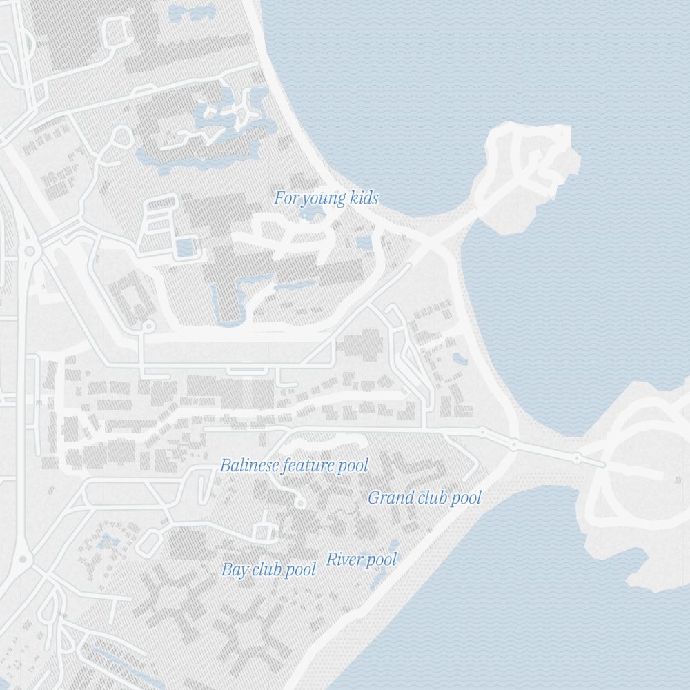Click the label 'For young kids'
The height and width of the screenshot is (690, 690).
click(x=326, y=199)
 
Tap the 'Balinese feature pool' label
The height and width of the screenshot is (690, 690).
click(x=294, y=466)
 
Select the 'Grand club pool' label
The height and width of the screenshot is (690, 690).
click(x=424, y=497)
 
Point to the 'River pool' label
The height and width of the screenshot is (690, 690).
click(x=362, y=560)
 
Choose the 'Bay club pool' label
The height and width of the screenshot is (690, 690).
click(x=268, y=570)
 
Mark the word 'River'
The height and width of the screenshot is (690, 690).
click(x=342, y=560)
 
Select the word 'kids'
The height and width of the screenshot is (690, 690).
click(x=364, y=199)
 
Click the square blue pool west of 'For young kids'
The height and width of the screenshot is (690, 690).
click(x=185, y=246)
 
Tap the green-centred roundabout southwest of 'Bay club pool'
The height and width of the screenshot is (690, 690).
click(x=22, y=559)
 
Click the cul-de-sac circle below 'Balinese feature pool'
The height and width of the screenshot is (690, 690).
click(x=300, y=504)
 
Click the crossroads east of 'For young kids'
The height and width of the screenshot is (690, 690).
click(x=429, y=242)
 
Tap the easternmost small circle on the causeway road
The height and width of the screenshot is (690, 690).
click(x=577, y=458)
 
